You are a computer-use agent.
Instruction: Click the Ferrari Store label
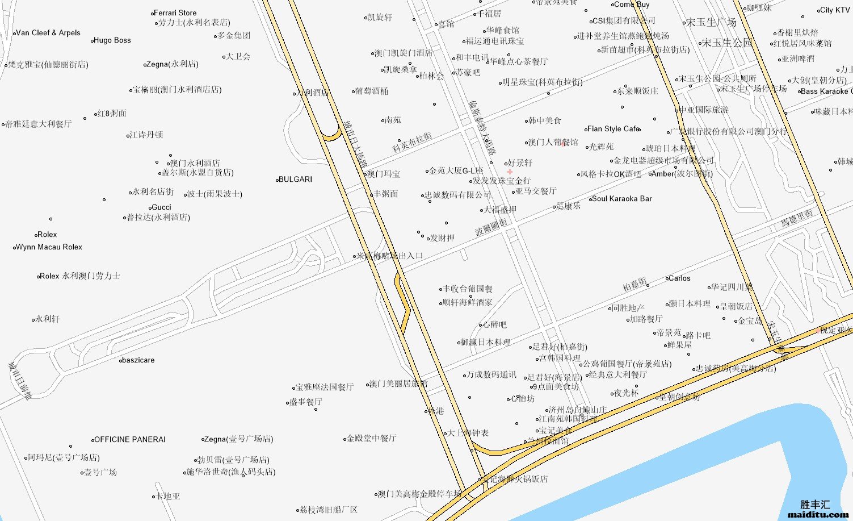(x=176, y=13)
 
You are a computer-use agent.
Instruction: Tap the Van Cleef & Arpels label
(x=49, y=33)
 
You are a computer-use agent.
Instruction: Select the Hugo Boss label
(x=112, y=40)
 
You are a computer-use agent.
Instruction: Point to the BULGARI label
(x=296, y=180)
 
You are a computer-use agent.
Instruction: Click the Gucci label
(x=162, y=207)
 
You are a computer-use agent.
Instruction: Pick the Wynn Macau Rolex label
(x=49, y=247)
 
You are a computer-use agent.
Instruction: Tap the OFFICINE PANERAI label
(x=130, y=440)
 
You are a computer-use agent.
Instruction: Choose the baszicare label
(x=138, y=360)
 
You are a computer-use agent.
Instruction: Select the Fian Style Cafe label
(x=614, y=129)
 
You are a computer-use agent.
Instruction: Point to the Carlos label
(x=680, y=278)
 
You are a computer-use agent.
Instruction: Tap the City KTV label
(x=835, y=10)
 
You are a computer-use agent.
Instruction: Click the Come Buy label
(x=632, y=4)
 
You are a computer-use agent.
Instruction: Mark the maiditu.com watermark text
(x=818, y=515)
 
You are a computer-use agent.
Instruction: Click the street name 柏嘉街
(x=635, y=284)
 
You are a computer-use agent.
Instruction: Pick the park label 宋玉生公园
(x=727, y=43)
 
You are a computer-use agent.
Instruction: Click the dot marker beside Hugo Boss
(x=93, y=41)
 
